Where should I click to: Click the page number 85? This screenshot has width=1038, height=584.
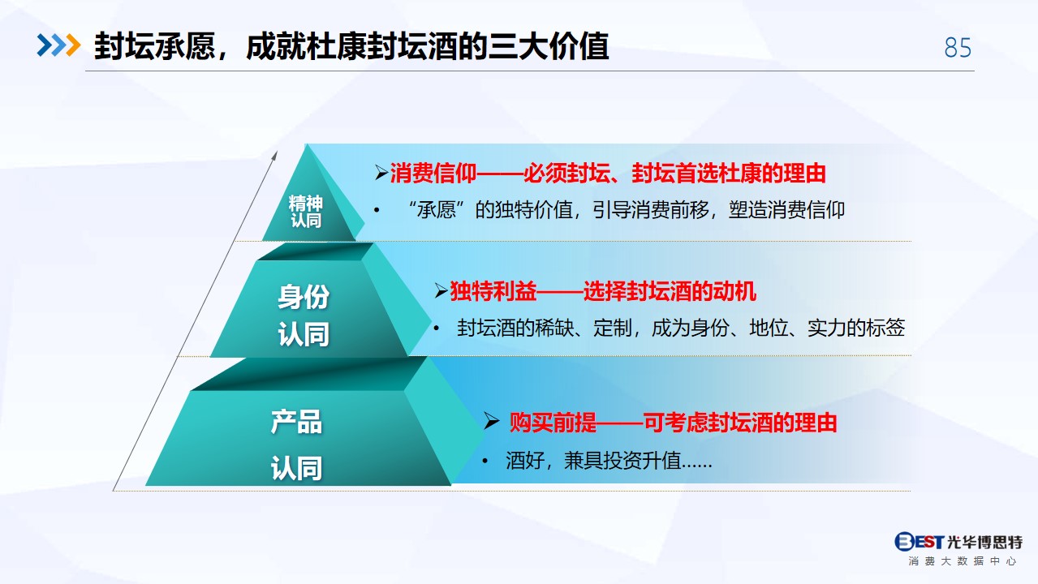958,47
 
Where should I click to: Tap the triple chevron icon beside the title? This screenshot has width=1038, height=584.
59,45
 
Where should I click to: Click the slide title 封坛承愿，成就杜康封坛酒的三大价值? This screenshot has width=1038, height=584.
351,46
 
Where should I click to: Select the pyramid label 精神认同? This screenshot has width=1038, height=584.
305,211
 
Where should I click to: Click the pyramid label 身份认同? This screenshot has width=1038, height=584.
304,315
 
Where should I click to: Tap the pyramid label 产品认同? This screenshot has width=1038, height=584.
296,445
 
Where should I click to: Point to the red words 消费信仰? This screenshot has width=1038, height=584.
433,174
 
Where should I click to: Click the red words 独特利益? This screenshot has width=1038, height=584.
493,291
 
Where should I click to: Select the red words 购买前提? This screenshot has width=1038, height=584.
553,423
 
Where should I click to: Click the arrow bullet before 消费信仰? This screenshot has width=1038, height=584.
381,173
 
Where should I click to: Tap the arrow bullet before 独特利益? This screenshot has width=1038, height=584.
441,291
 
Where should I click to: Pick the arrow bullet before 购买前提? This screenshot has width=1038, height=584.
491,421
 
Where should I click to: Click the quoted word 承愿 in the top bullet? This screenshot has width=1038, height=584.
436,210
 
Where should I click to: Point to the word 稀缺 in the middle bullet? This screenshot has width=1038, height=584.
554,328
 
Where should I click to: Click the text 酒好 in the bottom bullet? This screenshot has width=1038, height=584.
525,461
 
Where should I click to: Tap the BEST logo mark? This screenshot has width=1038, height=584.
919,541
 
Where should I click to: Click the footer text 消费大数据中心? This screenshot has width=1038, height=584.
962,561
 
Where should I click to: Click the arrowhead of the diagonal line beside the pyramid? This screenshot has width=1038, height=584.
275,155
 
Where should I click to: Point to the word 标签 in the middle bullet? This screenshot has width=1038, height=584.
885,328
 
